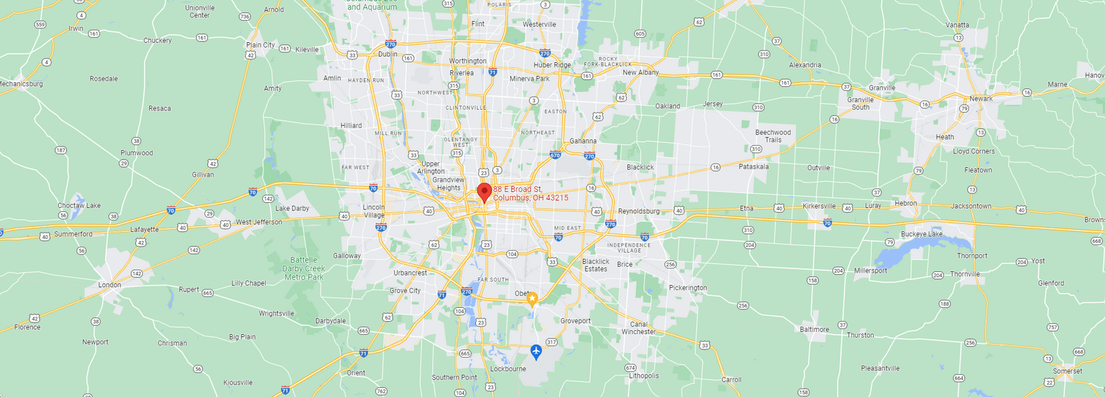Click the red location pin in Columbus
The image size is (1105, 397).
tap(484, 191)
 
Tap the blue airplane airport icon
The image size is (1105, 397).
tap(536, 352)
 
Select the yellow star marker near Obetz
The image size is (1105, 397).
tap(532, 299)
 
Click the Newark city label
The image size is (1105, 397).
tap(981, 99)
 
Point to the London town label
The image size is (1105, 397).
tap(109, 284)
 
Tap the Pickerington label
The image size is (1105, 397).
tap(688, 288)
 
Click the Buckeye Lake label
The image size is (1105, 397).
tap(921, 234)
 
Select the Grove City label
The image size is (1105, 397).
tap(405, 291)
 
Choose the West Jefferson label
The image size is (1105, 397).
tap(259, 222)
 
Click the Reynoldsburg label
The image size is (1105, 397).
tap(639, 211)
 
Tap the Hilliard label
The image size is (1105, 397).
tap(351, 126)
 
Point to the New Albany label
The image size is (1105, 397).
tap(641, 72)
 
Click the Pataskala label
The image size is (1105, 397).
tap(753, 166)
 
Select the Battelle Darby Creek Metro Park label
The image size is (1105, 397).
tap(304, 269)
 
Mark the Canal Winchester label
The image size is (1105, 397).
tap(639, 328)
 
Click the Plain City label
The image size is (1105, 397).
tap(260, 45)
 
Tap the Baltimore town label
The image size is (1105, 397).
tap(814, 329)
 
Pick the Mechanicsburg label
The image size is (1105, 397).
tap(21, 84)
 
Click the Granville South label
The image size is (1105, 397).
tap(861, 104)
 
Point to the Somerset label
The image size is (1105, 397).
tap(1068, 371)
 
